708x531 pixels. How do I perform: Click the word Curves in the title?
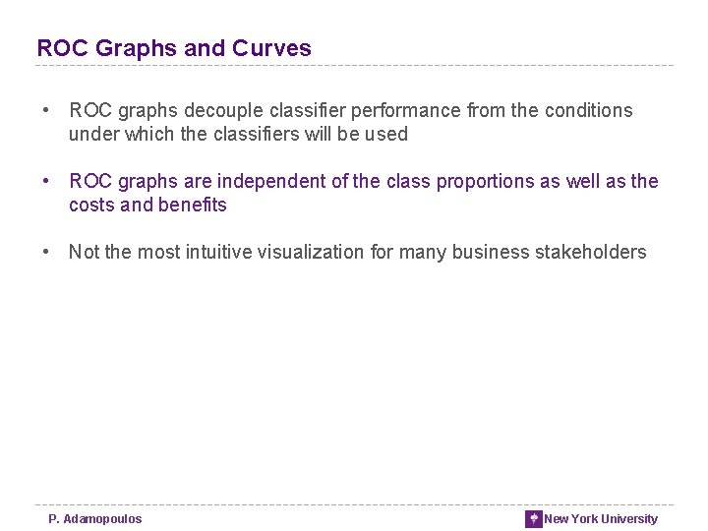(271, 48)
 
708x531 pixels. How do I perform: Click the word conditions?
(585, 111)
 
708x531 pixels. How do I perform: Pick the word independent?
(269, 182)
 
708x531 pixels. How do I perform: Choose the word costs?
(91, 206)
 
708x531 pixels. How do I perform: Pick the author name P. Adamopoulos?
(95, 519)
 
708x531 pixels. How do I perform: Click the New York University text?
(601, 519)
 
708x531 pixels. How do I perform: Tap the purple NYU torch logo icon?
(534, 519)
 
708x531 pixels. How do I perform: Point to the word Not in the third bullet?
(84, 253)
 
